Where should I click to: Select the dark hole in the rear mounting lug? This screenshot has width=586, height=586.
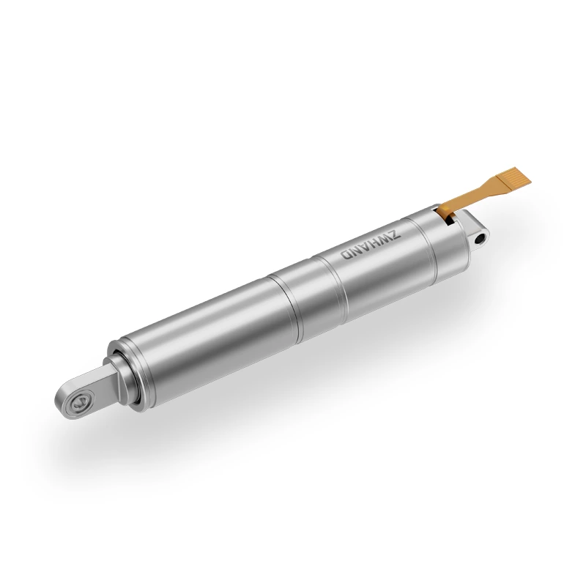(481, 238)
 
